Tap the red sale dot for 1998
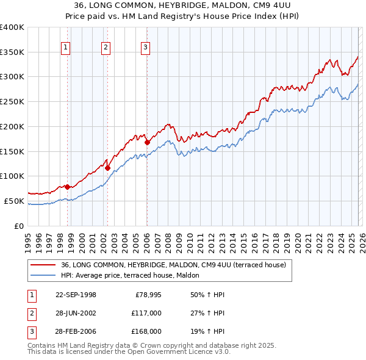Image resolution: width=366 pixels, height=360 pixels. click(67, 187)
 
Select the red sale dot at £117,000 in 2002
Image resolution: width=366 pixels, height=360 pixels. click(107, 168)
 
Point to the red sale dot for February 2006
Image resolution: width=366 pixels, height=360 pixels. click(147, 142)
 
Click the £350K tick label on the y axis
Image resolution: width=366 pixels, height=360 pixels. click(12, 52)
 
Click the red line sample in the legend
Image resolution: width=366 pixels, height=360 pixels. click(43, 265)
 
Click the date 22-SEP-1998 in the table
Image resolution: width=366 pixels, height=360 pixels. click(76, 295)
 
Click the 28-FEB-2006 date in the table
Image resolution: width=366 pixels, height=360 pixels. click(76, 333)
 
